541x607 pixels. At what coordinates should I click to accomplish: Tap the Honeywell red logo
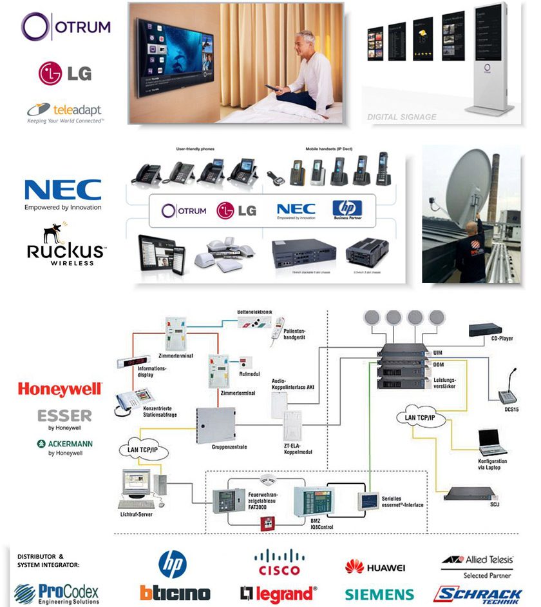coord(59,389)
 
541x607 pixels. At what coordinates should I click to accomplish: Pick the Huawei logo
coord(375,567)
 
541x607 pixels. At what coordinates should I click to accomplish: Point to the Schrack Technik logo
coord(477,593)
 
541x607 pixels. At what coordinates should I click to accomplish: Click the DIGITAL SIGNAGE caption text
coord(402,117)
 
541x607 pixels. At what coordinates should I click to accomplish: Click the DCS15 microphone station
coord(508,386)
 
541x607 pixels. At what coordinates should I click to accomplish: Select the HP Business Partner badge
coord(347,210)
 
